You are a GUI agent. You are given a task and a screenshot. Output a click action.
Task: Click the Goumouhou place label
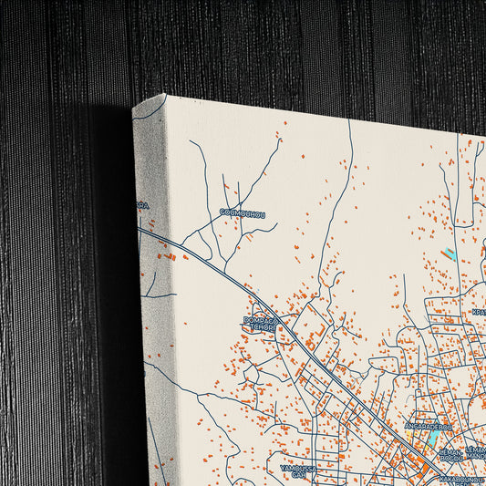(243, 213)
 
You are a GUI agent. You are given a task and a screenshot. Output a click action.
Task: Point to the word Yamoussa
(296, 468)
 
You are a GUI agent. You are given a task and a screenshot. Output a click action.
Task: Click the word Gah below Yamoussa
(296, 476)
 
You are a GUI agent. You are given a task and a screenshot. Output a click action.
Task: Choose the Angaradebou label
(429, 426)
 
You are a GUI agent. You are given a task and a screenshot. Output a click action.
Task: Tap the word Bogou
(450, 459)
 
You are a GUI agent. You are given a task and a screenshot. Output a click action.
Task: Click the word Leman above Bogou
(450, 450)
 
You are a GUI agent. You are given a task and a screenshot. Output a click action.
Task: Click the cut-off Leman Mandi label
(476, 452)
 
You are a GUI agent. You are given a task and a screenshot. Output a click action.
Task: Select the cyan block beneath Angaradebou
(426, 444)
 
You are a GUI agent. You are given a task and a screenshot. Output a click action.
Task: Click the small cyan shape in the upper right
(449, 254)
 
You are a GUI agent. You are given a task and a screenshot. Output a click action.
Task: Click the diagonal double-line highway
(301, 342)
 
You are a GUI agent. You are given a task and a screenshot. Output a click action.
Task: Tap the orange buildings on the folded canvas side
(170, 257)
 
